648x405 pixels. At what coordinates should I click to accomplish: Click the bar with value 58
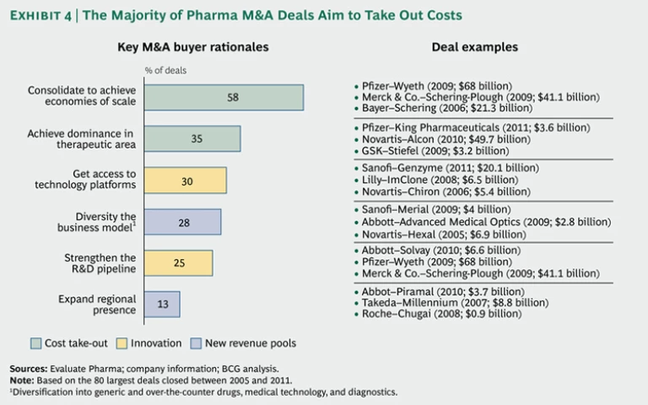tap(224, 98)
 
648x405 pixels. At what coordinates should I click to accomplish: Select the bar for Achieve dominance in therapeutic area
tap(192, 139)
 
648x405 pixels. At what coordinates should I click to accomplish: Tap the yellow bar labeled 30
tap(186, 181)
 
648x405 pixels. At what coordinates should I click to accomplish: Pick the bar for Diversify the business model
tap(183, 222)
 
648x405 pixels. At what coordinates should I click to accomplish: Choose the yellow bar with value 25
tap(179, 263)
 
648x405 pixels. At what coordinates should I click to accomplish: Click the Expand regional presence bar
tap(162, 305)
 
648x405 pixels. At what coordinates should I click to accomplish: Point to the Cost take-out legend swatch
tap(36, 343)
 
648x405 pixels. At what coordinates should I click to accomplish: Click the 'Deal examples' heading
tap(474, 48)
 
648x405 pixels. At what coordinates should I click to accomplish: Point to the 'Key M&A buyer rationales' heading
tap(192, 48)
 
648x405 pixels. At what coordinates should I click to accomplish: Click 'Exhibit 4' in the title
tap(41, 15)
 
